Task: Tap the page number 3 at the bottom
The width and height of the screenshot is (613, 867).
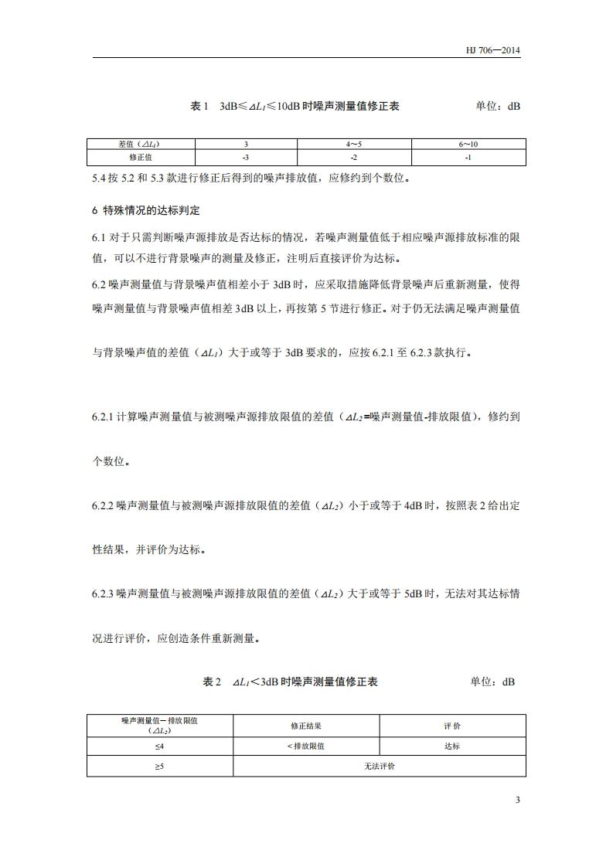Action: (517, 799)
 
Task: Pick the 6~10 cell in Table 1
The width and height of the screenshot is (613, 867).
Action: (468, 144)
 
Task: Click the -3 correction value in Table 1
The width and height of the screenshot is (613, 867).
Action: (246, 157)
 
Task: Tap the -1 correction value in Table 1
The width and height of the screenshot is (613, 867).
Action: (468, 157)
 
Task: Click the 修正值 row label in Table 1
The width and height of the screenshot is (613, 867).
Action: (141, 157)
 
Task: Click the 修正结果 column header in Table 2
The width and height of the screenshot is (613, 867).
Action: (306, 726)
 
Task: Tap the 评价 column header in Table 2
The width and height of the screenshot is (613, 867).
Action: (452, 726)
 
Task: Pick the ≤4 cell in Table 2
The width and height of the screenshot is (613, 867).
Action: (159, 746)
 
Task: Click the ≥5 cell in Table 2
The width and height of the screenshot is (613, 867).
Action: (159, 767)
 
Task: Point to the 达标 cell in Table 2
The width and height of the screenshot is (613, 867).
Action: (452, 746)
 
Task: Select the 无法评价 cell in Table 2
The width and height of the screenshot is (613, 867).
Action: (379, 767)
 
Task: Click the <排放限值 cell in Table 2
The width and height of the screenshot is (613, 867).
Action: (306, 746)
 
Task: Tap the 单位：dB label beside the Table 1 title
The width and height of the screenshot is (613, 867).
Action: (498, 106)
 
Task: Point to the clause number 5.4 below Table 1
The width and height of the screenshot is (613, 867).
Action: (100, 178)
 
